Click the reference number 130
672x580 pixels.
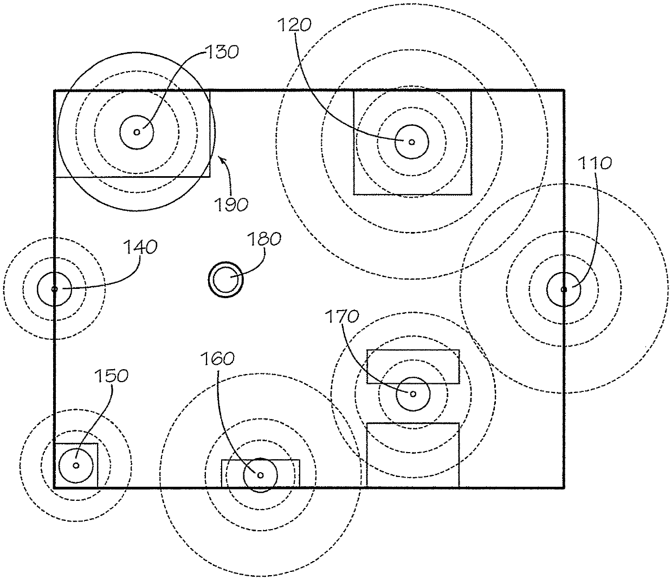[x=222, y=52]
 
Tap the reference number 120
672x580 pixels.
[x=295, y=24]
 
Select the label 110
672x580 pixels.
[x=595, y=163]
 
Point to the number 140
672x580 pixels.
[x=140, y=247]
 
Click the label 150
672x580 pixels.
[x=112, y=376]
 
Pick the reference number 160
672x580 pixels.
[x=217, y=358]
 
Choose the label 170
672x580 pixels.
[x=343, y=316]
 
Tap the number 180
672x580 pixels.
[x=264, y=240]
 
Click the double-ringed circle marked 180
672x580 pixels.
[x=226, y=280]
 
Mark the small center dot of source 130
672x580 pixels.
[x=137, y=132]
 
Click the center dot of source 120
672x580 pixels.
[x=411, y=142]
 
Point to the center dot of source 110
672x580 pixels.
[x=564, y=289]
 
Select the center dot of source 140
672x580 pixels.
[x=54, y=289]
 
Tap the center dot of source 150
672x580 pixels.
[x=76, y=465]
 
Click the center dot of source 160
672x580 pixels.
[x=260, y=475]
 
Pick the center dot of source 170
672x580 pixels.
[x=412, y=394]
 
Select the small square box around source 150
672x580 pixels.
[x=76, y=465]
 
